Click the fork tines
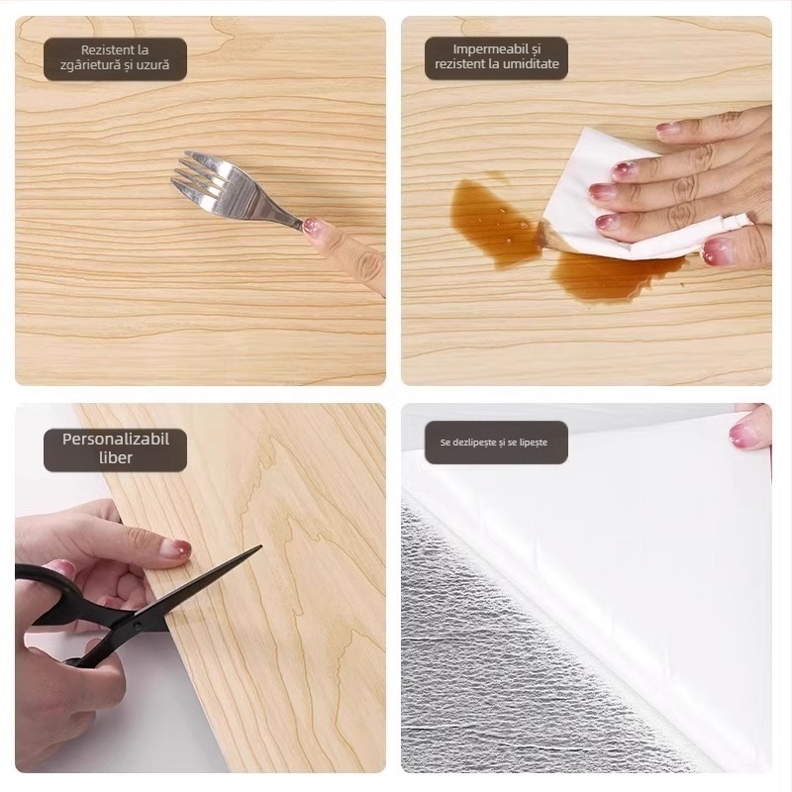click(201, 180)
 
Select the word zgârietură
click(90, 65)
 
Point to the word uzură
click(151, 65)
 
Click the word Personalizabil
click(116, 439)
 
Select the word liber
click(116, 457)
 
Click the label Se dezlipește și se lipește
click(493, 443)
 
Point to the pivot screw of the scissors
click(137, 627)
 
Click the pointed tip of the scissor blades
click(260, 546)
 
